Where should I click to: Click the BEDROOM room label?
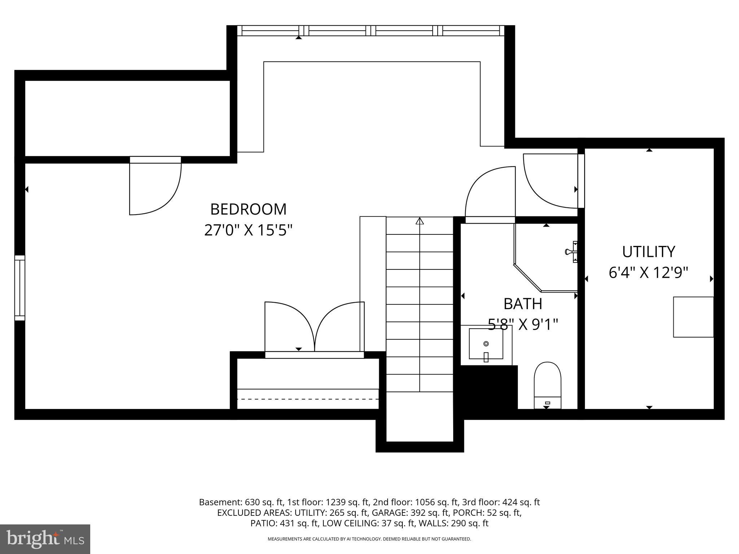click(248, 209)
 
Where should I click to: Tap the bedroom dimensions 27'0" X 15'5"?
click(248, 230)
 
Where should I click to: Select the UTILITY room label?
click(648, 252)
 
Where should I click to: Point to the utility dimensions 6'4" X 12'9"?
click(648, 273)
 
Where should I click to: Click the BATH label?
click(523, 304)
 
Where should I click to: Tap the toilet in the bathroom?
click(547, 384)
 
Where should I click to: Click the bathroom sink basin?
click(486, 344)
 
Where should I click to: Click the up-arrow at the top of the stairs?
click(420, 221)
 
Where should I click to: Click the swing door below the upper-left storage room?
click(155, 188)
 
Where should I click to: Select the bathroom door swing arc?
click(490, 193)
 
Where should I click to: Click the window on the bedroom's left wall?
click(20, 288)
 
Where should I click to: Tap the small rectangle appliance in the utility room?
click(693, 317)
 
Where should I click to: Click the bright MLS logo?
click(45, 539)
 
